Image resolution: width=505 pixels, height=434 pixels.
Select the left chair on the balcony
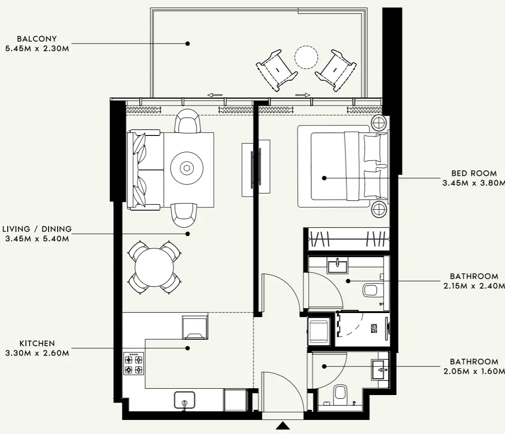pos(277,69)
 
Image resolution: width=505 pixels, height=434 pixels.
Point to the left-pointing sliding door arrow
pos(215,95)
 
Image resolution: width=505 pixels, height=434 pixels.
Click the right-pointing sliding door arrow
pos(303,95)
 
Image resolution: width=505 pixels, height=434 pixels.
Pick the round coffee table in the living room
pos(187,169)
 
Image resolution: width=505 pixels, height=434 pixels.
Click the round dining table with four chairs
pos(154,267)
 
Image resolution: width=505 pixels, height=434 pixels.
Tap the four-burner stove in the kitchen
pos(133,363)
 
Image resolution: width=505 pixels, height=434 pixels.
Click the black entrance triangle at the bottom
pos(283,425)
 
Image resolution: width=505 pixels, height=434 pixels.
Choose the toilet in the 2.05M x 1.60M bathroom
pos(340,394)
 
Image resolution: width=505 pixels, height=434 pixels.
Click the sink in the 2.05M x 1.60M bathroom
pos(380,369)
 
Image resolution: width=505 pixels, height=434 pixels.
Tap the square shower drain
pos(375,328)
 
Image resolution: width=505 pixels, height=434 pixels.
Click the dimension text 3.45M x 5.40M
pos(37,239)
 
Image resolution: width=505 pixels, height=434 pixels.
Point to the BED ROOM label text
pos(474,174)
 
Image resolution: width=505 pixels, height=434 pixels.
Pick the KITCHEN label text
pos(37,344)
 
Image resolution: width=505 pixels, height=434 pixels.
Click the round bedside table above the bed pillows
pos(379,122)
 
